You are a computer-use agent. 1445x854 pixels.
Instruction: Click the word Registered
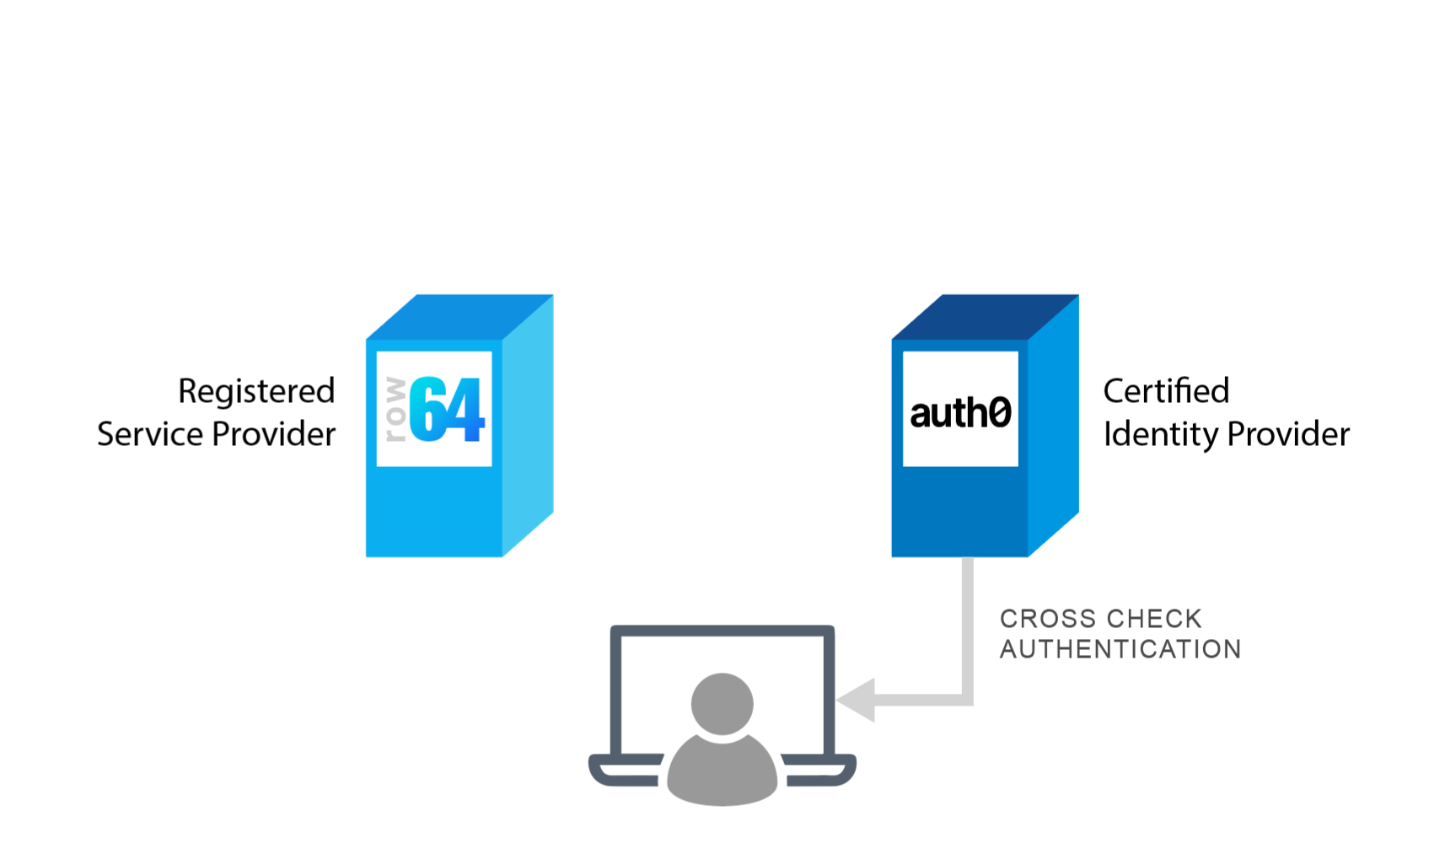point(256,392)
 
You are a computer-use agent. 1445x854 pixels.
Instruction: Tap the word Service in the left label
point(150,434)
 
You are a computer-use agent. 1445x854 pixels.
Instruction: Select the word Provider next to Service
point(274,434)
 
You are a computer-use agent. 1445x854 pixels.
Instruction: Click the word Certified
point(1166,391)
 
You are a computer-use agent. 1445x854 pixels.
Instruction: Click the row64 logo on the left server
point(434,409)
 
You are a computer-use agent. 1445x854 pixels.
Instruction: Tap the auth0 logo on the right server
point(960,412)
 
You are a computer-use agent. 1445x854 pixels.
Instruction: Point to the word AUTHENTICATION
point(1120,649)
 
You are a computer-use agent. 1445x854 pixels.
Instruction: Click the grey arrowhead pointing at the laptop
point(858,700)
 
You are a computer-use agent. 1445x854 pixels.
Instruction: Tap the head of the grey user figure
point(722,703)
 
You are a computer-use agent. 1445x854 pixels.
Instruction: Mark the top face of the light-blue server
point(459,316)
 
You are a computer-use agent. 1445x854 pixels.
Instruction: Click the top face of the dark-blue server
point(985,316)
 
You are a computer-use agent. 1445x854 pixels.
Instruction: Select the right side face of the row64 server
point(528,426)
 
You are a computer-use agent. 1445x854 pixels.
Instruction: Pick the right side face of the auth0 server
point(1053,426)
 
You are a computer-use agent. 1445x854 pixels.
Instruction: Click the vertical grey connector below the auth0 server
point(968,624)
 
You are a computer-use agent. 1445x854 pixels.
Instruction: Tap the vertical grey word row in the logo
point(395,410)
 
